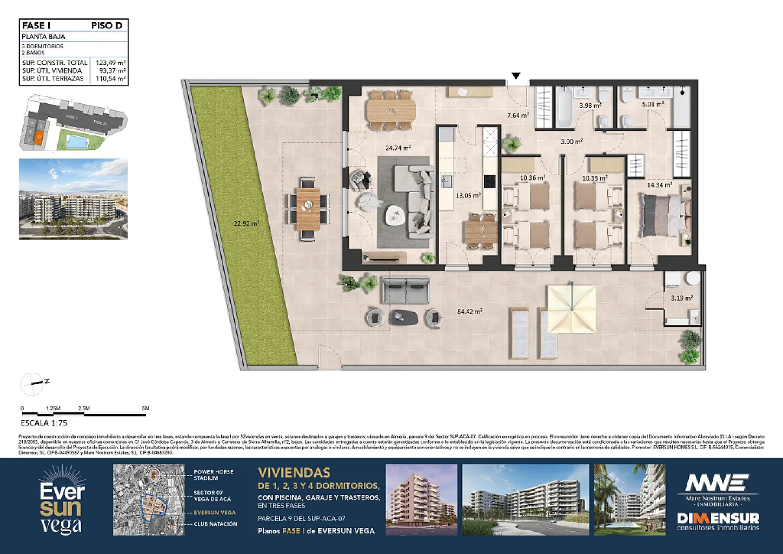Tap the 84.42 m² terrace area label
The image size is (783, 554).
tap(469, 312)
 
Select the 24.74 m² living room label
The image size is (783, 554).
tap(398, 148)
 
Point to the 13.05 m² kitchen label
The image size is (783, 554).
tap(468, 196)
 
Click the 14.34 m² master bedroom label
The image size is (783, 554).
tap(659, 185)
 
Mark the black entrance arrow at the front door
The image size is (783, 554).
tap(516, 76)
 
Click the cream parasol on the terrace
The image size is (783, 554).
tap(572, 309)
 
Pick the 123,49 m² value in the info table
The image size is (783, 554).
tap(110, 63)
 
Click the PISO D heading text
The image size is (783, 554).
tap(107, 25)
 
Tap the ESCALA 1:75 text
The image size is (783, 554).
tap(44, 423)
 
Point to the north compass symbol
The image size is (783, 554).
tap(32, 384)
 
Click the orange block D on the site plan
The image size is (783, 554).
tap(39, 137)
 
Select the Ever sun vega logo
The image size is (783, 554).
tap(62, 500)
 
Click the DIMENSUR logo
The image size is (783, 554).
tap(718, 520)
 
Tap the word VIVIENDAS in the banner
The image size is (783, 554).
tap(294, 473)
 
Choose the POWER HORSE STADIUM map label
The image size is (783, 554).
tap(214, 475)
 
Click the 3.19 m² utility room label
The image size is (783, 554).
tap(681, 298)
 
